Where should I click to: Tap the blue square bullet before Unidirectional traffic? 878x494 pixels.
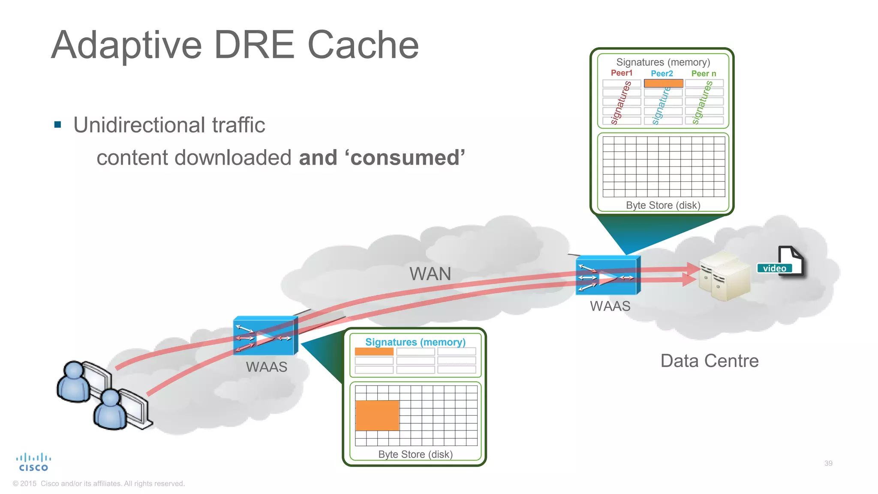58,125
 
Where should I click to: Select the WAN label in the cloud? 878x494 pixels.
430,274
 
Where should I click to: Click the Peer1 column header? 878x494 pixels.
621,73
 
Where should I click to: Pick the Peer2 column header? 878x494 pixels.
662,73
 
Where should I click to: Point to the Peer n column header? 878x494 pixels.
703,73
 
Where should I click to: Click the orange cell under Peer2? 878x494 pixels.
663,83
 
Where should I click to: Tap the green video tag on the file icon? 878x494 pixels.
774,268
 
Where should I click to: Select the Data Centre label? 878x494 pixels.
709,361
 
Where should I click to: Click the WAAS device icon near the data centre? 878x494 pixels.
607,276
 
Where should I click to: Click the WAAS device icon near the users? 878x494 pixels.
265,336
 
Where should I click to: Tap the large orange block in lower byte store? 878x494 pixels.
377,415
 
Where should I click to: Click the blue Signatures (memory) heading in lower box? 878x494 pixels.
415,342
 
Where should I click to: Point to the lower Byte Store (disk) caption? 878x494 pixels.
415,454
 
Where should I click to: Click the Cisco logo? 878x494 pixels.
33,463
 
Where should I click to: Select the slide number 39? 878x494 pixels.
828,463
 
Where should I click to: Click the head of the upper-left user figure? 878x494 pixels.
74,370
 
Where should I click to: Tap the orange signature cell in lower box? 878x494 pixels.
374,352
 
